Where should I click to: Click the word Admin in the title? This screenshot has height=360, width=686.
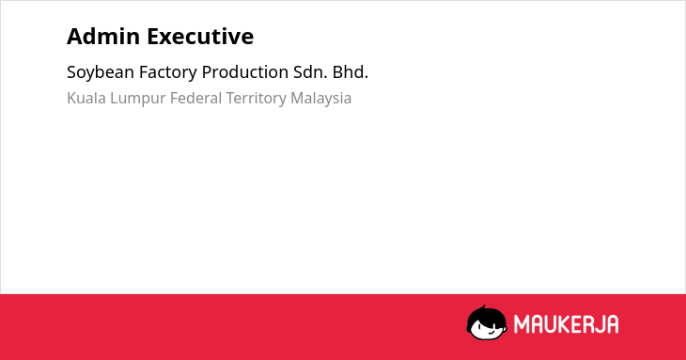(x=103, y=37)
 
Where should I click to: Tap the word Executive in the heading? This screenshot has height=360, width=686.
(x=200, y=37)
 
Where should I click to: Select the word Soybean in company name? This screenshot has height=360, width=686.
(x=101, y=72)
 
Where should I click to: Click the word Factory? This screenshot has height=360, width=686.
(x=168, y=72)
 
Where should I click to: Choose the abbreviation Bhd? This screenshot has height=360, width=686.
(x=350, y=72)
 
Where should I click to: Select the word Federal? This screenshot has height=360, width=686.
(x=196, y=98)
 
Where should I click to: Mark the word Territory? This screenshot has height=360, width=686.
(x=256, y=99)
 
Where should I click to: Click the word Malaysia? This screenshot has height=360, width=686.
(x=321, y=99)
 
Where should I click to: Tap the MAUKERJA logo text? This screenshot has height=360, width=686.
(x=566, y=324)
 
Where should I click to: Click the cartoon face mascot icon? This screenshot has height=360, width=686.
(x=487, y=322)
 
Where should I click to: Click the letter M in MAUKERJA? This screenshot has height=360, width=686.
(x=522, y=324)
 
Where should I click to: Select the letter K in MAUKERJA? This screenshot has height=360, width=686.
(x=566, y=324)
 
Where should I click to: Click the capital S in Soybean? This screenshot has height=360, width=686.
(x=71, y=72)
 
